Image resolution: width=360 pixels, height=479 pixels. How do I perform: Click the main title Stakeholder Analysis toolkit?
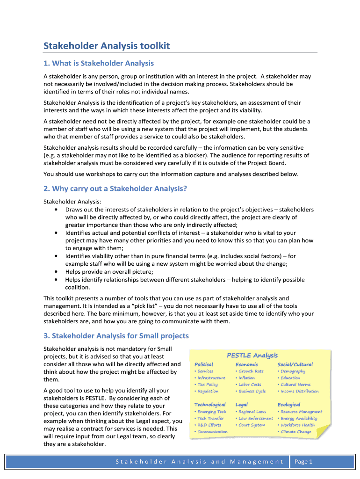[x=107, y=45]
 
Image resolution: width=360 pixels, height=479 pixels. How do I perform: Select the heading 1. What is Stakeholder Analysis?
[x=99, y=63]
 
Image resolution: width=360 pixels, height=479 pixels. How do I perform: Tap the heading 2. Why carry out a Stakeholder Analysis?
[x=115, y=189]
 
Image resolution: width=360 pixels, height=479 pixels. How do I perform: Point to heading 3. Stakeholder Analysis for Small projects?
[x=116, y=335]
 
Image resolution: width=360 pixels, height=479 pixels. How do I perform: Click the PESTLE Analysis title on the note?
[x=252, y=356]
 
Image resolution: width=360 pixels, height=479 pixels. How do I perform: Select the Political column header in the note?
[x=204, y=364]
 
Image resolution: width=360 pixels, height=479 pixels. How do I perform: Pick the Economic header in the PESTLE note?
[x=246, y=364]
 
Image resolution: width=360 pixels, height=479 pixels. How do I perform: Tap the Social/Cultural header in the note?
[x=295, y=364]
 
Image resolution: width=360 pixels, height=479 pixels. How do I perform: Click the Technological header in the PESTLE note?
[x=210, y=405]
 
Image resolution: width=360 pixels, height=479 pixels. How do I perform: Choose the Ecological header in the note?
[x=289, y=405]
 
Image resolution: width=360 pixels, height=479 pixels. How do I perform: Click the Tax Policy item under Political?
[x=208, y=385]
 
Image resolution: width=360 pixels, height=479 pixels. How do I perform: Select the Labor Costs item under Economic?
[x=250, y=385]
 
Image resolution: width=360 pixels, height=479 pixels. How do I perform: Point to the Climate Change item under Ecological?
[x=295, y=432]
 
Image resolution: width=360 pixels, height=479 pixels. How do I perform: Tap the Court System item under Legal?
[x=252, y=425]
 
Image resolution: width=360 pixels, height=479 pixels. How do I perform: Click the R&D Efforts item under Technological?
[x=209, y=425]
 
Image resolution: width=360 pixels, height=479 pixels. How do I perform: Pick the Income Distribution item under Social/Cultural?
[x=299, y=391]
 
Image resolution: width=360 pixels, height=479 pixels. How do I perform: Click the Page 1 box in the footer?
[x=303, y=462]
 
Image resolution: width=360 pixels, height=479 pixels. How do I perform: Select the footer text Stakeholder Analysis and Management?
[x=199, y=462]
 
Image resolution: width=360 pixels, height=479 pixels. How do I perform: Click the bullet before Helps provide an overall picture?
[x=57, y=272]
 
